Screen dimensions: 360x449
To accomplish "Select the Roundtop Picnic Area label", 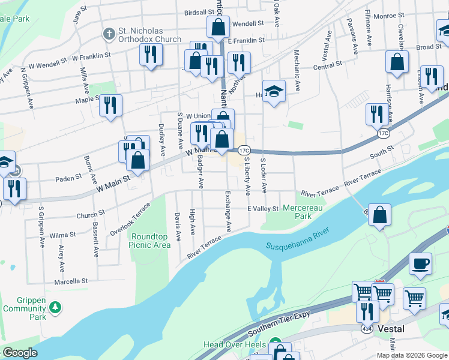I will pos(151,241).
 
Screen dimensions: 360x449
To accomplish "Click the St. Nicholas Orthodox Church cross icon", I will pos(109,33).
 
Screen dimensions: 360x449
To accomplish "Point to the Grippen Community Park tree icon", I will pos(56,307).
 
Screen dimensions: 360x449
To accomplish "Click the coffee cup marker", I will pos(420,263).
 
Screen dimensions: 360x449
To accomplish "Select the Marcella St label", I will pos(71,281).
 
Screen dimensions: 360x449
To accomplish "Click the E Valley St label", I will pos(263,209).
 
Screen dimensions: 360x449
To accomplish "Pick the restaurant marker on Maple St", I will pos(110,105).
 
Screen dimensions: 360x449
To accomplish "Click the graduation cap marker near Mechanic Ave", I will pos(274,92).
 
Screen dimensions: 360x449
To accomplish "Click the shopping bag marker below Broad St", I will pos(397,61).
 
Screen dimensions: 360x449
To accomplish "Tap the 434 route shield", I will pos(367,329).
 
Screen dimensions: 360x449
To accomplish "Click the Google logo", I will pos(20,353).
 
